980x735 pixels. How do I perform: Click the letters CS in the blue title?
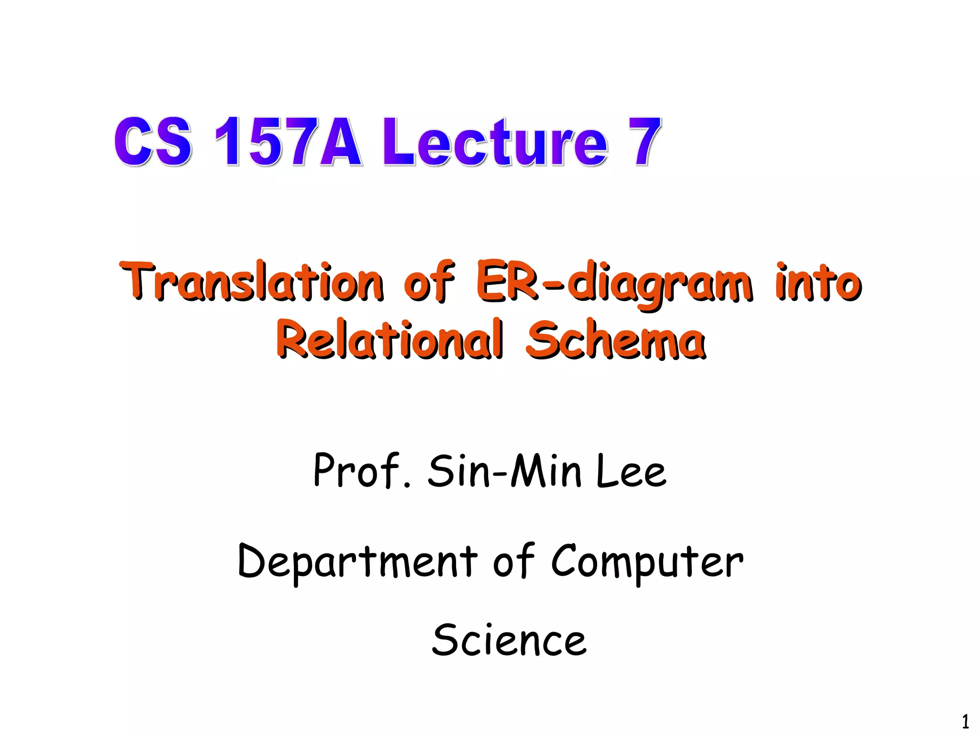(153, 142)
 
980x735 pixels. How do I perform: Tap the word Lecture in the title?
(495, 142)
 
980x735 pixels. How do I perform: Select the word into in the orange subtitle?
(818, 282)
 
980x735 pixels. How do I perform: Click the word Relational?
(390, 339)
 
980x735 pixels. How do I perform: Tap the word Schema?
(615, 339)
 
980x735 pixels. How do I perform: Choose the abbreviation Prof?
(362, 471)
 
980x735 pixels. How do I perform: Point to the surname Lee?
(631, 472)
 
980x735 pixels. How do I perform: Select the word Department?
(357, 562)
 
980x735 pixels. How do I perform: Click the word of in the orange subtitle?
(429, 282)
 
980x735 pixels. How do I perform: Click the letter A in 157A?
(340, 142)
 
